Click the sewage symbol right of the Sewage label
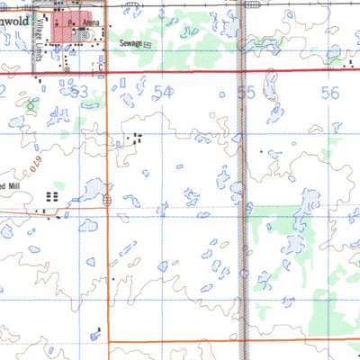point(148,42)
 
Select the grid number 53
point(80,92)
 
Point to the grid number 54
point(163,92)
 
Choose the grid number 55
point(246,92)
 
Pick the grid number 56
point(328,92)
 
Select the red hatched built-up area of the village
point(66,27)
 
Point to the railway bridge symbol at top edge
point(244,4)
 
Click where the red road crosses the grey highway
point(244,69)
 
